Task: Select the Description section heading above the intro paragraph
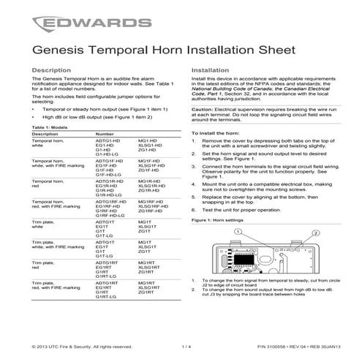coord(53,69)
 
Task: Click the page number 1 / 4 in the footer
coord(184,347)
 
